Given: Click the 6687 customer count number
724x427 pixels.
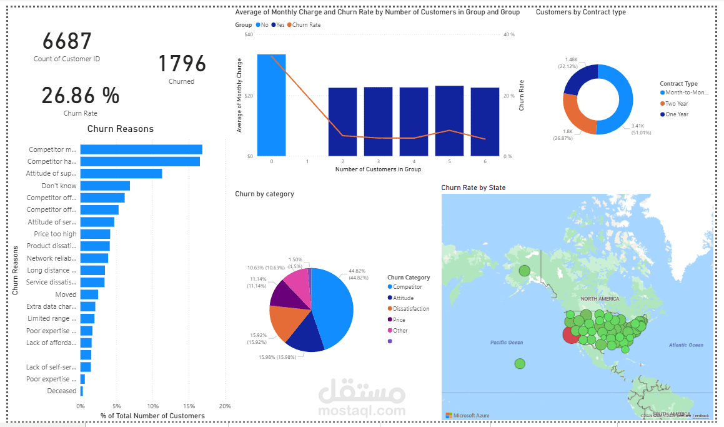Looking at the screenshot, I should [x=67, y=42].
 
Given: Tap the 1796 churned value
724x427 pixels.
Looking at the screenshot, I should [x=182, y=64].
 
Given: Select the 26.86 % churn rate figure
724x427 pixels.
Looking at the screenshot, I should [x=81, y=96].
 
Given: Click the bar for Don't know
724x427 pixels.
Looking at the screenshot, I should [x=105, y=186].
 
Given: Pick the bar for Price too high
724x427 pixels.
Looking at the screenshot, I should [x=95, y=234].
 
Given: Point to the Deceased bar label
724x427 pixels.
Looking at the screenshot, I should [x=62, y=391].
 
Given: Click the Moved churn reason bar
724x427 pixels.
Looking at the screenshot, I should [x=89, y=294].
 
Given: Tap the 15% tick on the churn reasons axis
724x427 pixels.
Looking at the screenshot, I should [x=189, y=406].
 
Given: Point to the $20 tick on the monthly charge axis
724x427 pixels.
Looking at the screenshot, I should [x=249, y=96].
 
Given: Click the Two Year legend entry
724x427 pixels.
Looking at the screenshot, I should [x=677, y=104].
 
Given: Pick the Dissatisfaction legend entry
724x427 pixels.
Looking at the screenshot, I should [x=411, y=309].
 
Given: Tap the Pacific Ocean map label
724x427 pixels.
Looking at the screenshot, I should [x=507, y=343].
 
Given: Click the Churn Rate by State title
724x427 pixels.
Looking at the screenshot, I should [x=473, y=188].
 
